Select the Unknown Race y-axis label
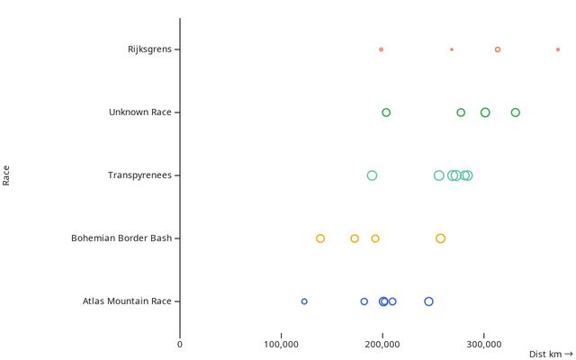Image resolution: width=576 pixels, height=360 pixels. [139, 112]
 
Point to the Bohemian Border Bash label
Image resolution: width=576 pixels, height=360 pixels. [121, 238]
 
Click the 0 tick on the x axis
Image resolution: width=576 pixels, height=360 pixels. [180, 343]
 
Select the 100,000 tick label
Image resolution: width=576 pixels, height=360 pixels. [282, 343]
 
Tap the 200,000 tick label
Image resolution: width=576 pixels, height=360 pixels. [383, 343]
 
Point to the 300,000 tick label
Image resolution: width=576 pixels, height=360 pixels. [484, 343]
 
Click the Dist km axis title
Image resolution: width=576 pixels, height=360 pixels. [550, 355]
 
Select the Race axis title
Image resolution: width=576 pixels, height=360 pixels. [6, 175]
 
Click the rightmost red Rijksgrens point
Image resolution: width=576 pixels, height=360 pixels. [558, 49]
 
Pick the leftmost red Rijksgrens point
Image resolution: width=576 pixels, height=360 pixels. [381, 49]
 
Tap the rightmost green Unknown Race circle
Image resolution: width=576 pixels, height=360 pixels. [516, 112]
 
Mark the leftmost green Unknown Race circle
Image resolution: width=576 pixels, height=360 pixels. [386, 112]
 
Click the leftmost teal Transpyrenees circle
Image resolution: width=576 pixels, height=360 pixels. [372, 175]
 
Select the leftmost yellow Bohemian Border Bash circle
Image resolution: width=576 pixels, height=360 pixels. [320, 238]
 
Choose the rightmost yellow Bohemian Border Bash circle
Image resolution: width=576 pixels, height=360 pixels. [440, 238]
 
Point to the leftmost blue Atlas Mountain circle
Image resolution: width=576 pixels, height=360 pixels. [304, 301]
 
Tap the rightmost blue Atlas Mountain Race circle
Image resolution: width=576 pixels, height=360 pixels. [428, 301]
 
